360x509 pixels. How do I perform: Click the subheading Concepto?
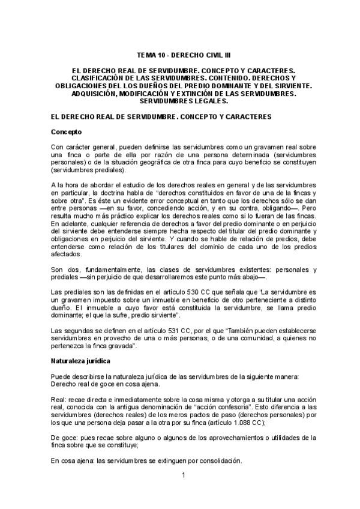click(x=66, y=131)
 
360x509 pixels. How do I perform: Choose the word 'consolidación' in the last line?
click(x=217, y=460)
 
